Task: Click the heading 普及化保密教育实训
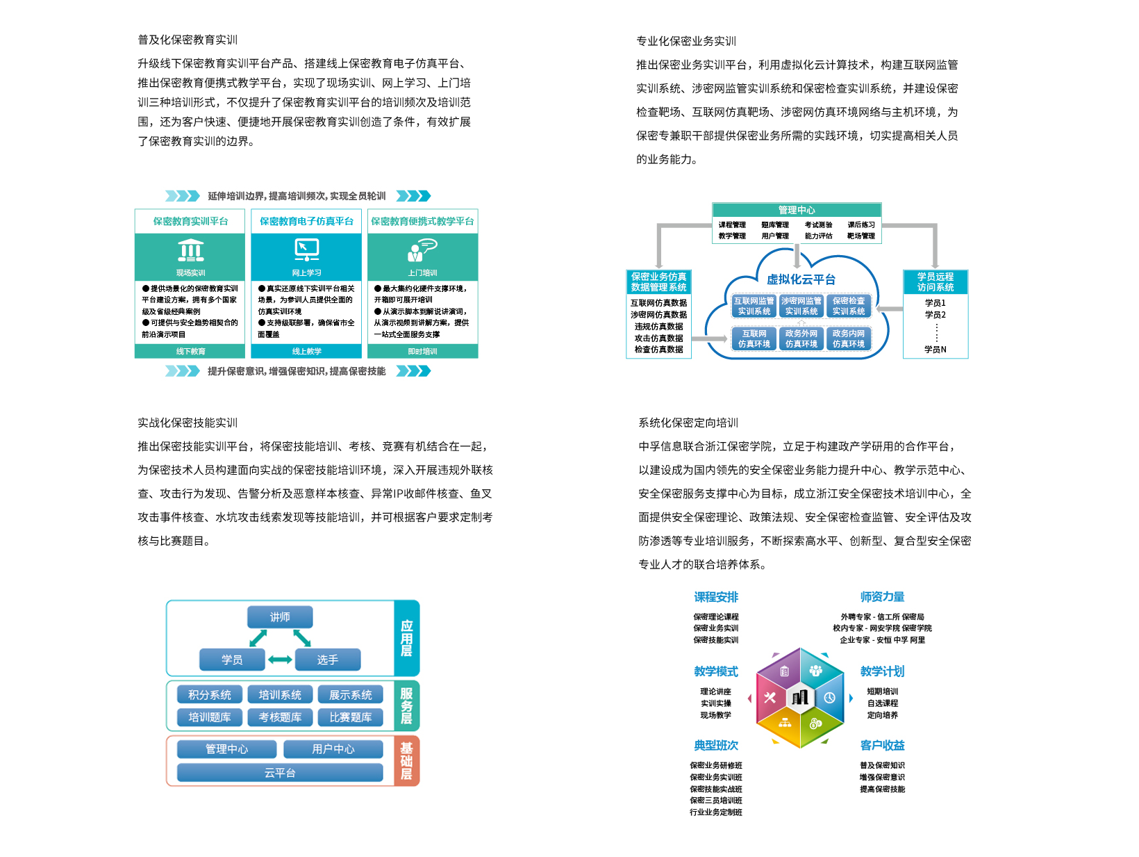point(188,40)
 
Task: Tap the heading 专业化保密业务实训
point(686,41)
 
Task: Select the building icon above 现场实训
point(190,250)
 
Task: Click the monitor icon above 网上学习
point(307,250)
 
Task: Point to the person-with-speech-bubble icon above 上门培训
point(422,250)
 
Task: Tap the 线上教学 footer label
point(307,352)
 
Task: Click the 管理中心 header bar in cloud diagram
point(797,210)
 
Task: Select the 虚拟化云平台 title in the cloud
point(801,279)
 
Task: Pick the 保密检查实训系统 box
point(849,306)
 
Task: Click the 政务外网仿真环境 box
point(801,338)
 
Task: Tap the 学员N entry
point(935,350)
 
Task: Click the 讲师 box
point(280,617)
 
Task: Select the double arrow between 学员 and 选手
point(280,660)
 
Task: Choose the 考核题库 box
point(280,717)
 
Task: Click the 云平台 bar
point(280,773)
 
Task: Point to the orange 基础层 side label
point(406,761)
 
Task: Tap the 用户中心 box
point(333,749)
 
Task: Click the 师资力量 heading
point(882,597)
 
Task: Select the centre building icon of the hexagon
point(799,697)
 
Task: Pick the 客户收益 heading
point(882,745)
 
